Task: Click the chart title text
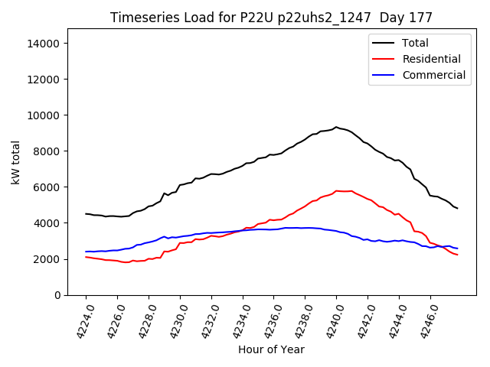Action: point(271,18)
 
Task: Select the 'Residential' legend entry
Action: point(431,59)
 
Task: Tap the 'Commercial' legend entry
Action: point(433,75)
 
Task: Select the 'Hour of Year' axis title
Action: point(271,349)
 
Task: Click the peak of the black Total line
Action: point(335,127)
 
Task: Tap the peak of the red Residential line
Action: point(336,190)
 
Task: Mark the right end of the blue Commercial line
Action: point(457,248)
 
